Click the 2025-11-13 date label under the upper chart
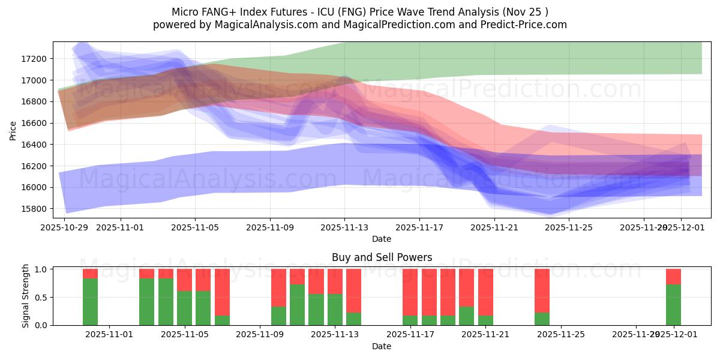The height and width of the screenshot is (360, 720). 344,228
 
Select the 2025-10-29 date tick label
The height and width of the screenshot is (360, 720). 64,228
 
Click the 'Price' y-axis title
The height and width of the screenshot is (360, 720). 13,130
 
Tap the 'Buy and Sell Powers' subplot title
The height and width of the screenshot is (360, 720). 382,257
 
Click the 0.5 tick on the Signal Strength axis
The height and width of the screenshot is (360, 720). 41,298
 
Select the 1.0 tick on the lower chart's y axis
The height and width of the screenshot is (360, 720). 41,269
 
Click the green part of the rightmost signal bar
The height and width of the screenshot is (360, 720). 673,305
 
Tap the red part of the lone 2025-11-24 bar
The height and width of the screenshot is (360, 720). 542,290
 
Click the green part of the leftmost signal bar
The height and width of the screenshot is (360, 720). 90,302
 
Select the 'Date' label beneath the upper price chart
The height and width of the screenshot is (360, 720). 381,239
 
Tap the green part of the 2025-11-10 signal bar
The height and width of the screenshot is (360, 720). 278,316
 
